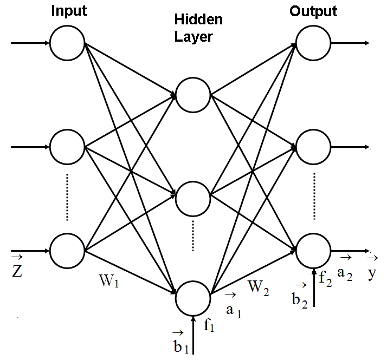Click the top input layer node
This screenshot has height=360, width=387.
(68, 42)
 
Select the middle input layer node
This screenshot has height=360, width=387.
(68, 147)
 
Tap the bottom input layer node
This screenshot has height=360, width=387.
(68, 251)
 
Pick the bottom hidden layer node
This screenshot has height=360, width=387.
(193, 297)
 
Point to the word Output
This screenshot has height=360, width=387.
(313, 11)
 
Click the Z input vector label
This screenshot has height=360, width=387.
(17, 270)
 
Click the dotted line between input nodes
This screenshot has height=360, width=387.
(67, 198)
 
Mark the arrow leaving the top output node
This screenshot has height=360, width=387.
(351, 42)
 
